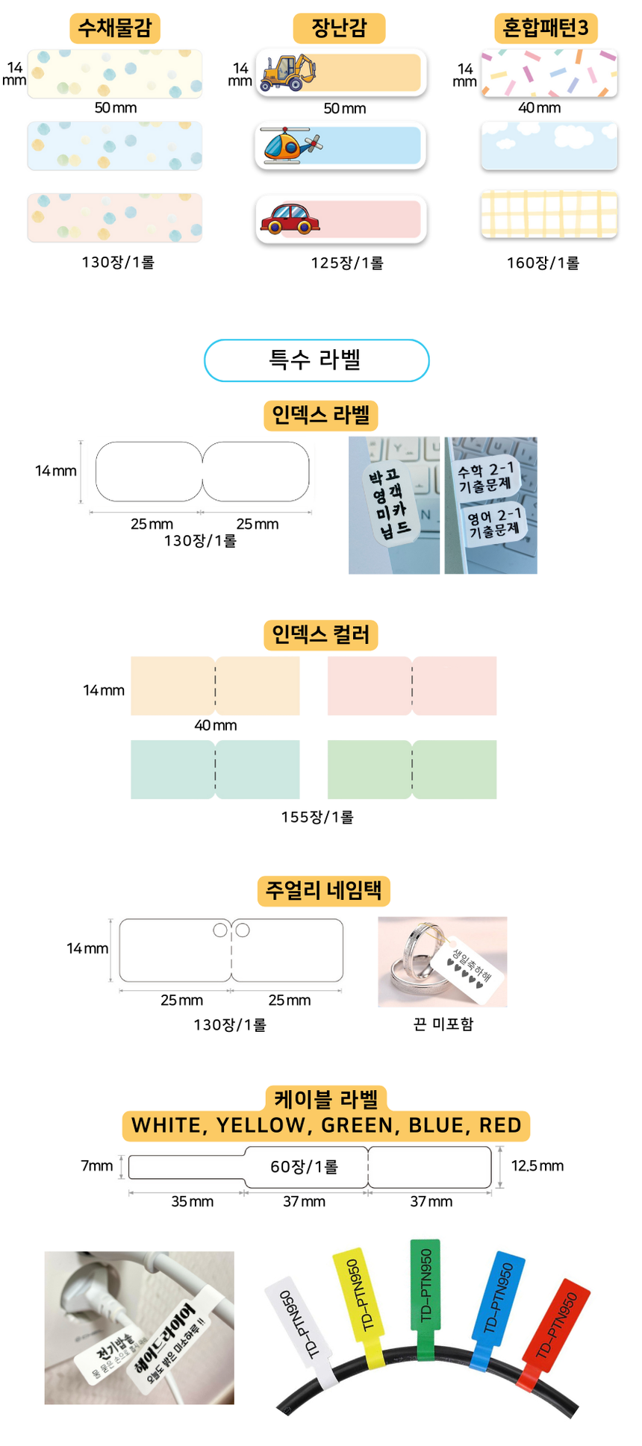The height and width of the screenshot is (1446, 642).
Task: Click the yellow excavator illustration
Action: [x=287, y=72]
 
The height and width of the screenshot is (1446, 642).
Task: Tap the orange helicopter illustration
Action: [x=290, y=145]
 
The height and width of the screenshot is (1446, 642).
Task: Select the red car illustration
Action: [x=289, y=218]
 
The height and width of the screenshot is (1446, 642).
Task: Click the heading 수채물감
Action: [x=115, y=28]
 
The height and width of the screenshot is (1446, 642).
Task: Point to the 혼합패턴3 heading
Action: [x=545, y=28]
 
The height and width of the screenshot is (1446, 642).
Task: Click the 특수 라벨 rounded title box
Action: [x=317, y=360]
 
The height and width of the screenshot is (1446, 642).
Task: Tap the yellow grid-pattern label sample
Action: [x=549, y=213]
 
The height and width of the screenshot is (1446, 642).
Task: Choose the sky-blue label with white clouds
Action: [x=549, y=145]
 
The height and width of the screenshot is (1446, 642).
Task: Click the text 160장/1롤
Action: [x=543, y=263]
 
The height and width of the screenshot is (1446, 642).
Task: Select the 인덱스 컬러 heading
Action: [x=321, y=635]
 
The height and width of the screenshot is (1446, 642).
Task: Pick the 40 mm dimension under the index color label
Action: [x=215, y=725]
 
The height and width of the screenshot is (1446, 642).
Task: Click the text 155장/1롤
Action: [x=317, y=817]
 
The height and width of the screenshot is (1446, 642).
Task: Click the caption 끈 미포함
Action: [x=443, y=1024]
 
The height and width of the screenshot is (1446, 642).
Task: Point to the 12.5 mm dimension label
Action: [x=537, y=1165]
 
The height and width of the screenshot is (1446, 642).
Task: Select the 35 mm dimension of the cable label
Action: [x=192, y=1201]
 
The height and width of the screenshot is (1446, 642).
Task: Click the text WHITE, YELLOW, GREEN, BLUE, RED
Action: [x=326, y=1125]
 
